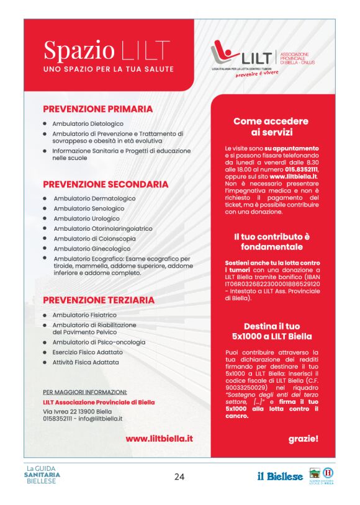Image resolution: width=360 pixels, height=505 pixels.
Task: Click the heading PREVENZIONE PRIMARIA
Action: pos(97,109)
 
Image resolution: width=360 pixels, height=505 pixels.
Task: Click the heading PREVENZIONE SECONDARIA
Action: pos(105,184)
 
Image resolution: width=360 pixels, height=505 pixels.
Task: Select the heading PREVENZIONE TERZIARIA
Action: pos(98,300)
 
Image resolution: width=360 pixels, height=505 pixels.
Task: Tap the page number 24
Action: pos(179,476)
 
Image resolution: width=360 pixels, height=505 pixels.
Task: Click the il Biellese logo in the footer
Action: pos(281,476)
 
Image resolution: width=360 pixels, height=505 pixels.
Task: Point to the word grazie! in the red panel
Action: pos(303,439)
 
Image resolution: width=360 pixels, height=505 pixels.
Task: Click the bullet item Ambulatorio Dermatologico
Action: pos(94,199)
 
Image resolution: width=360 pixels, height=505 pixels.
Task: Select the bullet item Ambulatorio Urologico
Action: pos(86,218)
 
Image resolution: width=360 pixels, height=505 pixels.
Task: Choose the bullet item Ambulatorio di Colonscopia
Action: pos(94,238)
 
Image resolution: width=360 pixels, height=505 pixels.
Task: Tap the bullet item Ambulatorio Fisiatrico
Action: pos(84,315)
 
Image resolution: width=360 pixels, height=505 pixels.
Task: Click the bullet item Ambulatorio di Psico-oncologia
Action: pos(99,342)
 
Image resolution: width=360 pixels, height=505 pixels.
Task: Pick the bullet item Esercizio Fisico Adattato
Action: pos(88,352)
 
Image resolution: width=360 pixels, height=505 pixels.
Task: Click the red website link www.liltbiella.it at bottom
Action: pos(159,438)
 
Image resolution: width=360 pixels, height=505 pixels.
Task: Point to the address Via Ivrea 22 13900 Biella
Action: pos(78,411)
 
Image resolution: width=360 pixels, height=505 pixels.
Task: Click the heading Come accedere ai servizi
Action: pos(271,127)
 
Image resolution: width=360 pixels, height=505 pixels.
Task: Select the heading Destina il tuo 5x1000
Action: pos(272,331)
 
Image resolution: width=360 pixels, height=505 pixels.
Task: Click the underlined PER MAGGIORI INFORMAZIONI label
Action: pos(85,392)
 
